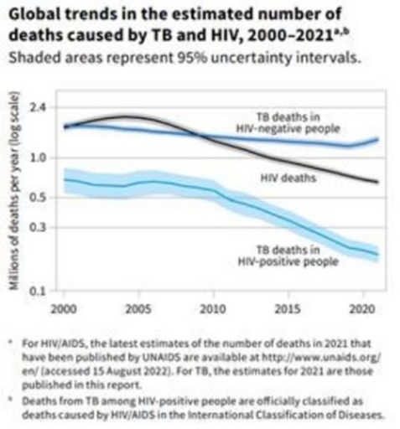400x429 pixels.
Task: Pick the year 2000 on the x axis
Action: pyautogui.click(x=64, y=308)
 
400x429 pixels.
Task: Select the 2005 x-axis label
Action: pyautogui.click(x=139, y=308)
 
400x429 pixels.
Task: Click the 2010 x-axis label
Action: pyautogui.click(x=214, y=308)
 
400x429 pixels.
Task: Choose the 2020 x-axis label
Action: pyautogui.click(x=361, y=308)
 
